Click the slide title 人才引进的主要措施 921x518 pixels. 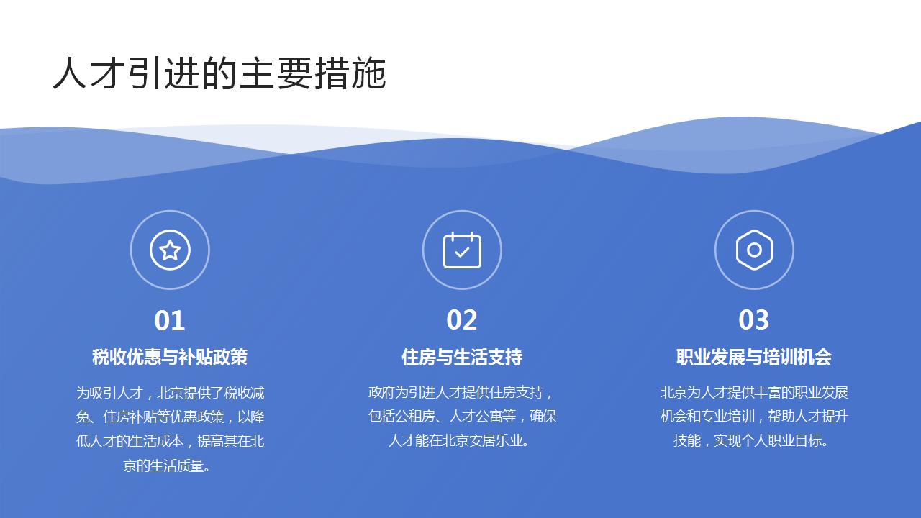click(x=219, y=74)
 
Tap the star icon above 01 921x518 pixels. click(x=170, y=250)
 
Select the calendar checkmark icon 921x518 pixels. click(x=462, y=250)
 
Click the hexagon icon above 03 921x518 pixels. click(x=754, y=250)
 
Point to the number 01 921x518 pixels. click(x=170, y=320)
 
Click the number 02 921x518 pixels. click(x=462, y=320)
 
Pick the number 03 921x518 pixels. click(x=754, y=320)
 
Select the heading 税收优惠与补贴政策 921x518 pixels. click(x=170, y=357)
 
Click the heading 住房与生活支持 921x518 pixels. click(x=462, y=357)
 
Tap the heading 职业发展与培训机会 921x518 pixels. click(x=754, y=357)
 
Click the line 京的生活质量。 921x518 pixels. click(x=170, y=465)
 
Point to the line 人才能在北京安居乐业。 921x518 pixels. click(x=462, y=440)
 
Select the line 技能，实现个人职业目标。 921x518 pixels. click(x=754, y=440)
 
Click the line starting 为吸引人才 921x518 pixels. click(x=170, y=393)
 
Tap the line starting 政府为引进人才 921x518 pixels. click(x=462, y=393)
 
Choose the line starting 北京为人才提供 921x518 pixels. click(x=754, y=393)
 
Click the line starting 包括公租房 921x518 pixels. click(x=462, y=417)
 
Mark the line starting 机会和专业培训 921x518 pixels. click(x=754, y=417)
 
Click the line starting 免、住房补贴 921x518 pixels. click(x=170, y=417)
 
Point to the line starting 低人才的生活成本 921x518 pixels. click(x=170, y=441)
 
